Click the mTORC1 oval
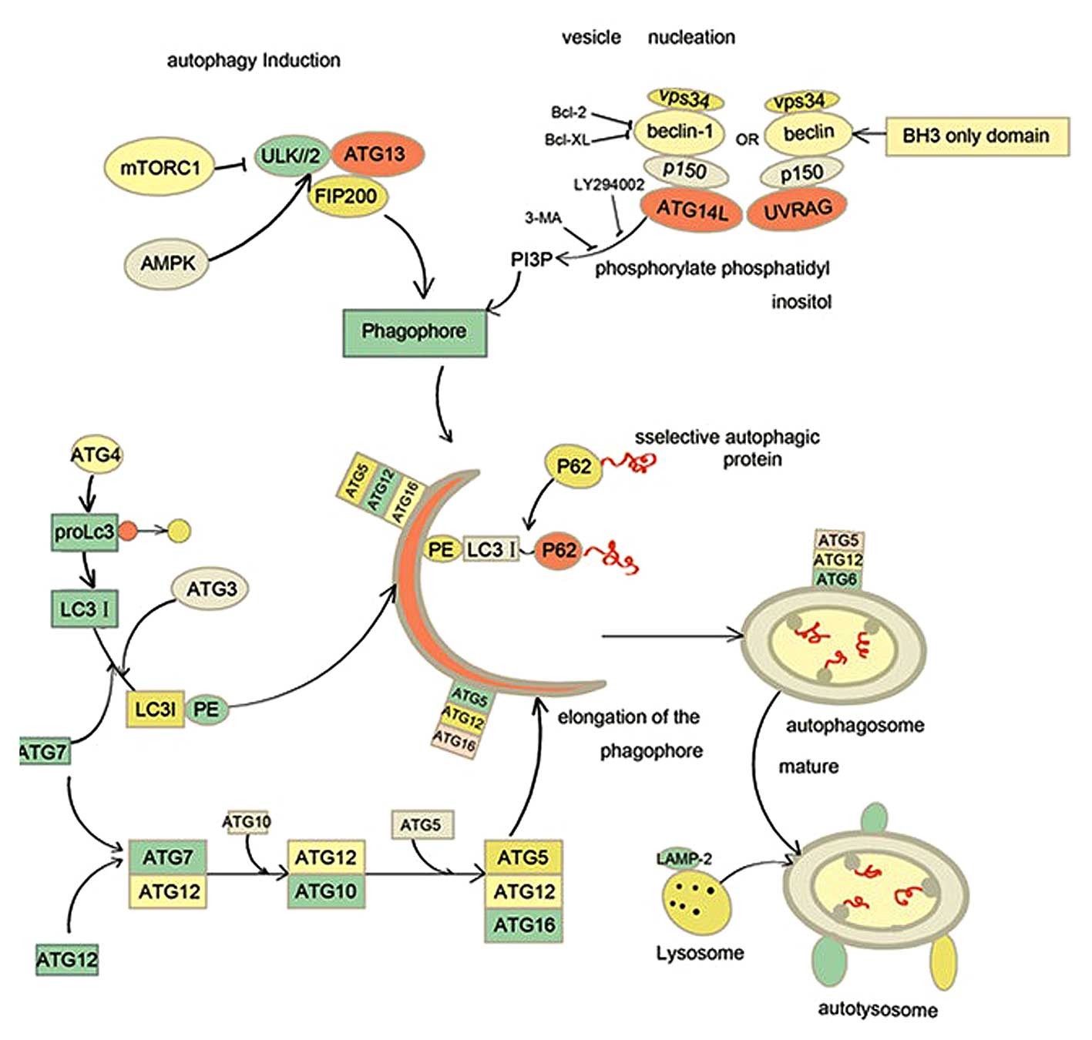click(160, 166)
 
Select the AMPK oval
click(168, 263)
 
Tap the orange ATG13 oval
click(375, 154)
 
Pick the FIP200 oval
click(346, 196)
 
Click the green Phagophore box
click(414, 331)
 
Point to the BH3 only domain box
click(976, 136)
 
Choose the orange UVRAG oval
click(798, 209)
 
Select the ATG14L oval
click(691, 209)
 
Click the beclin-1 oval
click(679, 132)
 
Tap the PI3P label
click(532, 260)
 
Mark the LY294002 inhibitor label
click(609, 185)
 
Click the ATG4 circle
click(96, 455)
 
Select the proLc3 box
click(84, 532)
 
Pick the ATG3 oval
click(211, 589)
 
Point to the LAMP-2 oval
click(683, 858)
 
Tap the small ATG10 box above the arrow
click(247, 822)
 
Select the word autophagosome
click(855, 725)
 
